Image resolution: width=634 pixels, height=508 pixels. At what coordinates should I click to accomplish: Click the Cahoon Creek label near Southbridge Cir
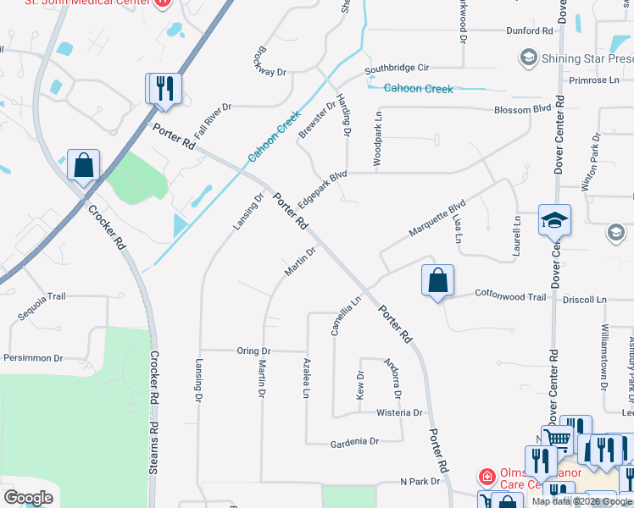pos(418,88)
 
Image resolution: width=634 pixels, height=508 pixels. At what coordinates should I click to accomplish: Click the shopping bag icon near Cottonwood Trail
pos(437,281)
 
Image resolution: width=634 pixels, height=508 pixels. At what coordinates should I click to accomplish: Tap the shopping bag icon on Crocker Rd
pos(84,165)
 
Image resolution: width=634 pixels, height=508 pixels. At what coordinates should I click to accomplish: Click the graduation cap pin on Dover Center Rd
pos(555,222)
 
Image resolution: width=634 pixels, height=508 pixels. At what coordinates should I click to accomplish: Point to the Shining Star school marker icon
pos(529,58)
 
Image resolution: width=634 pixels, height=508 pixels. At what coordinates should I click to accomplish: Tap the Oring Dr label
pos(253,351)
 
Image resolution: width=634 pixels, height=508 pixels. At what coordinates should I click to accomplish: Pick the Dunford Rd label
pos(530,30)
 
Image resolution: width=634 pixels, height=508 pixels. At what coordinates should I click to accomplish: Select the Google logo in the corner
pos(29,497)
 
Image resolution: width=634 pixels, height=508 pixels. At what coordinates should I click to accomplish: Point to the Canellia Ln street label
pos(347,315)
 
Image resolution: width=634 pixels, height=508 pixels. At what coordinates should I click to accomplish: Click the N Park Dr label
pos(420,481)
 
